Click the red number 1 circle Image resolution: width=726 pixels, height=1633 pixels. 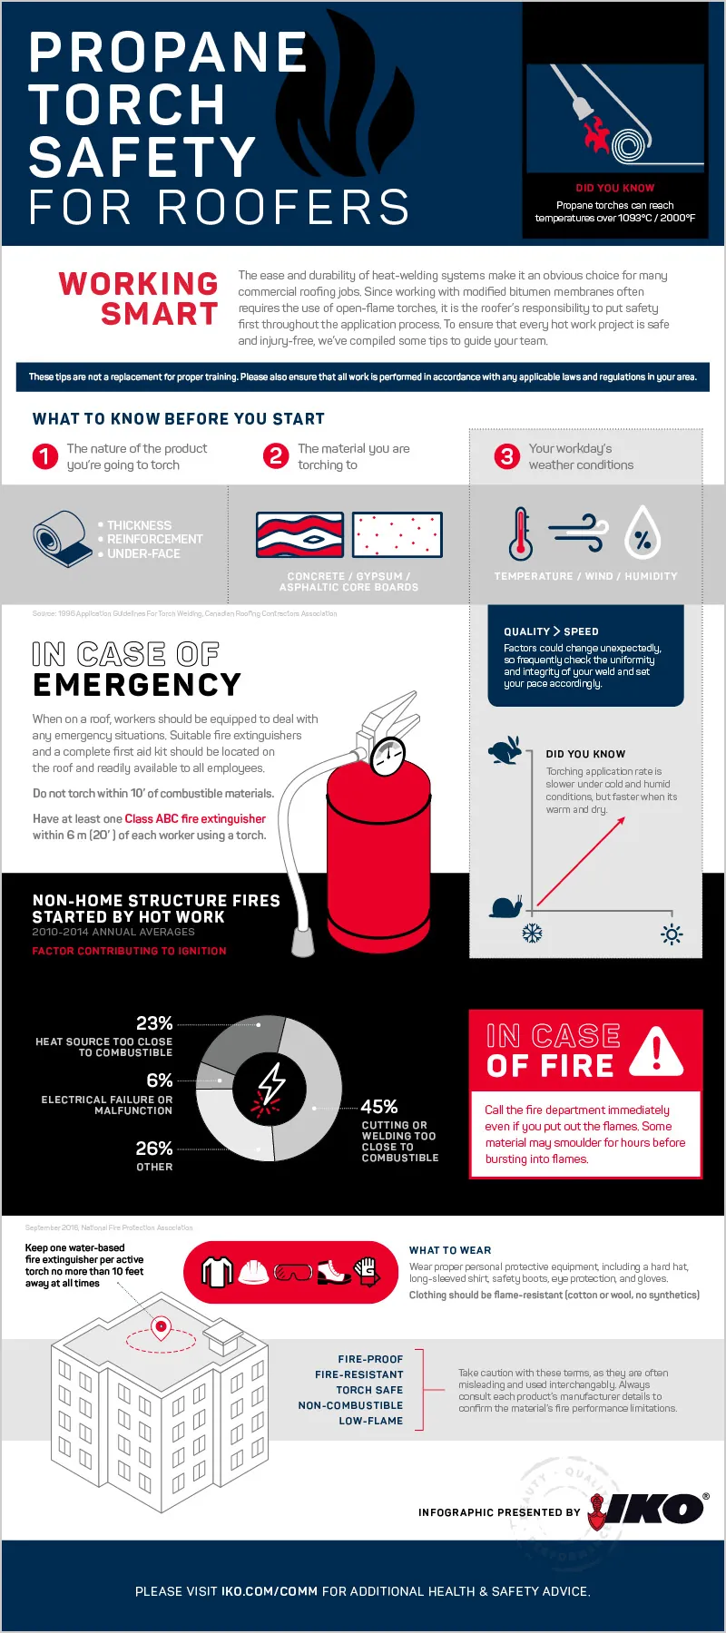(44, 456)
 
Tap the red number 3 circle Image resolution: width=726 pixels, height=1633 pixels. (506, 456)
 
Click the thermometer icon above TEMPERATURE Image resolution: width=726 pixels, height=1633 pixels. (520, 533)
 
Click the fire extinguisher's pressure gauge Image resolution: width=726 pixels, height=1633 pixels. (388, 756)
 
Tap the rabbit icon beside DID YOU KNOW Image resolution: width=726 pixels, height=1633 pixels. (505, 750)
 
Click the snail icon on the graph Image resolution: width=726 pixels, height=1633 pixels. (505, 905)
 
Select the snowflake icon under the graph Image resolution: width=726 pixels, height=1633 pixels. (533, 934)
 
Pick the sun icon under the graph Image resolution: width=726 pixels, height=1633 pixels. (672, 934)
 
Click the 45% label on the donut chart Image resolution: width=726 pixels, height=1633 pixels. (379, 1107)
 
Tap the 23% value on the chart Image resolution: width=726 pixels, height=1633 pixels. (154, 1023)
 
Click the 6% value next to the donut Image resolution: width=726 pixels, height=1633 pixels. (160, 1081)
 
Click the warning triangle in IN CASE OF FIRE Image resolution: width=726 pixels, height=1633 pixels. (656, 1052)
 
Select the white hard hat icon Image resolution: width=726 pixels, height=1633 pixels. (254, 1272)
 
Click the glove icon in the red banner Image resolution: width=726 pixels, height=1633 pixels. (366, 1271)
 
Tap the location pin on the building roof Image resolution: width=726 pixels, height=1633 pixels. (162, 1327)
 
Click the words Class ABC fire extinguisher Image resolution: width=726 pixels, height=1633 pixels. (195, 818)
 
